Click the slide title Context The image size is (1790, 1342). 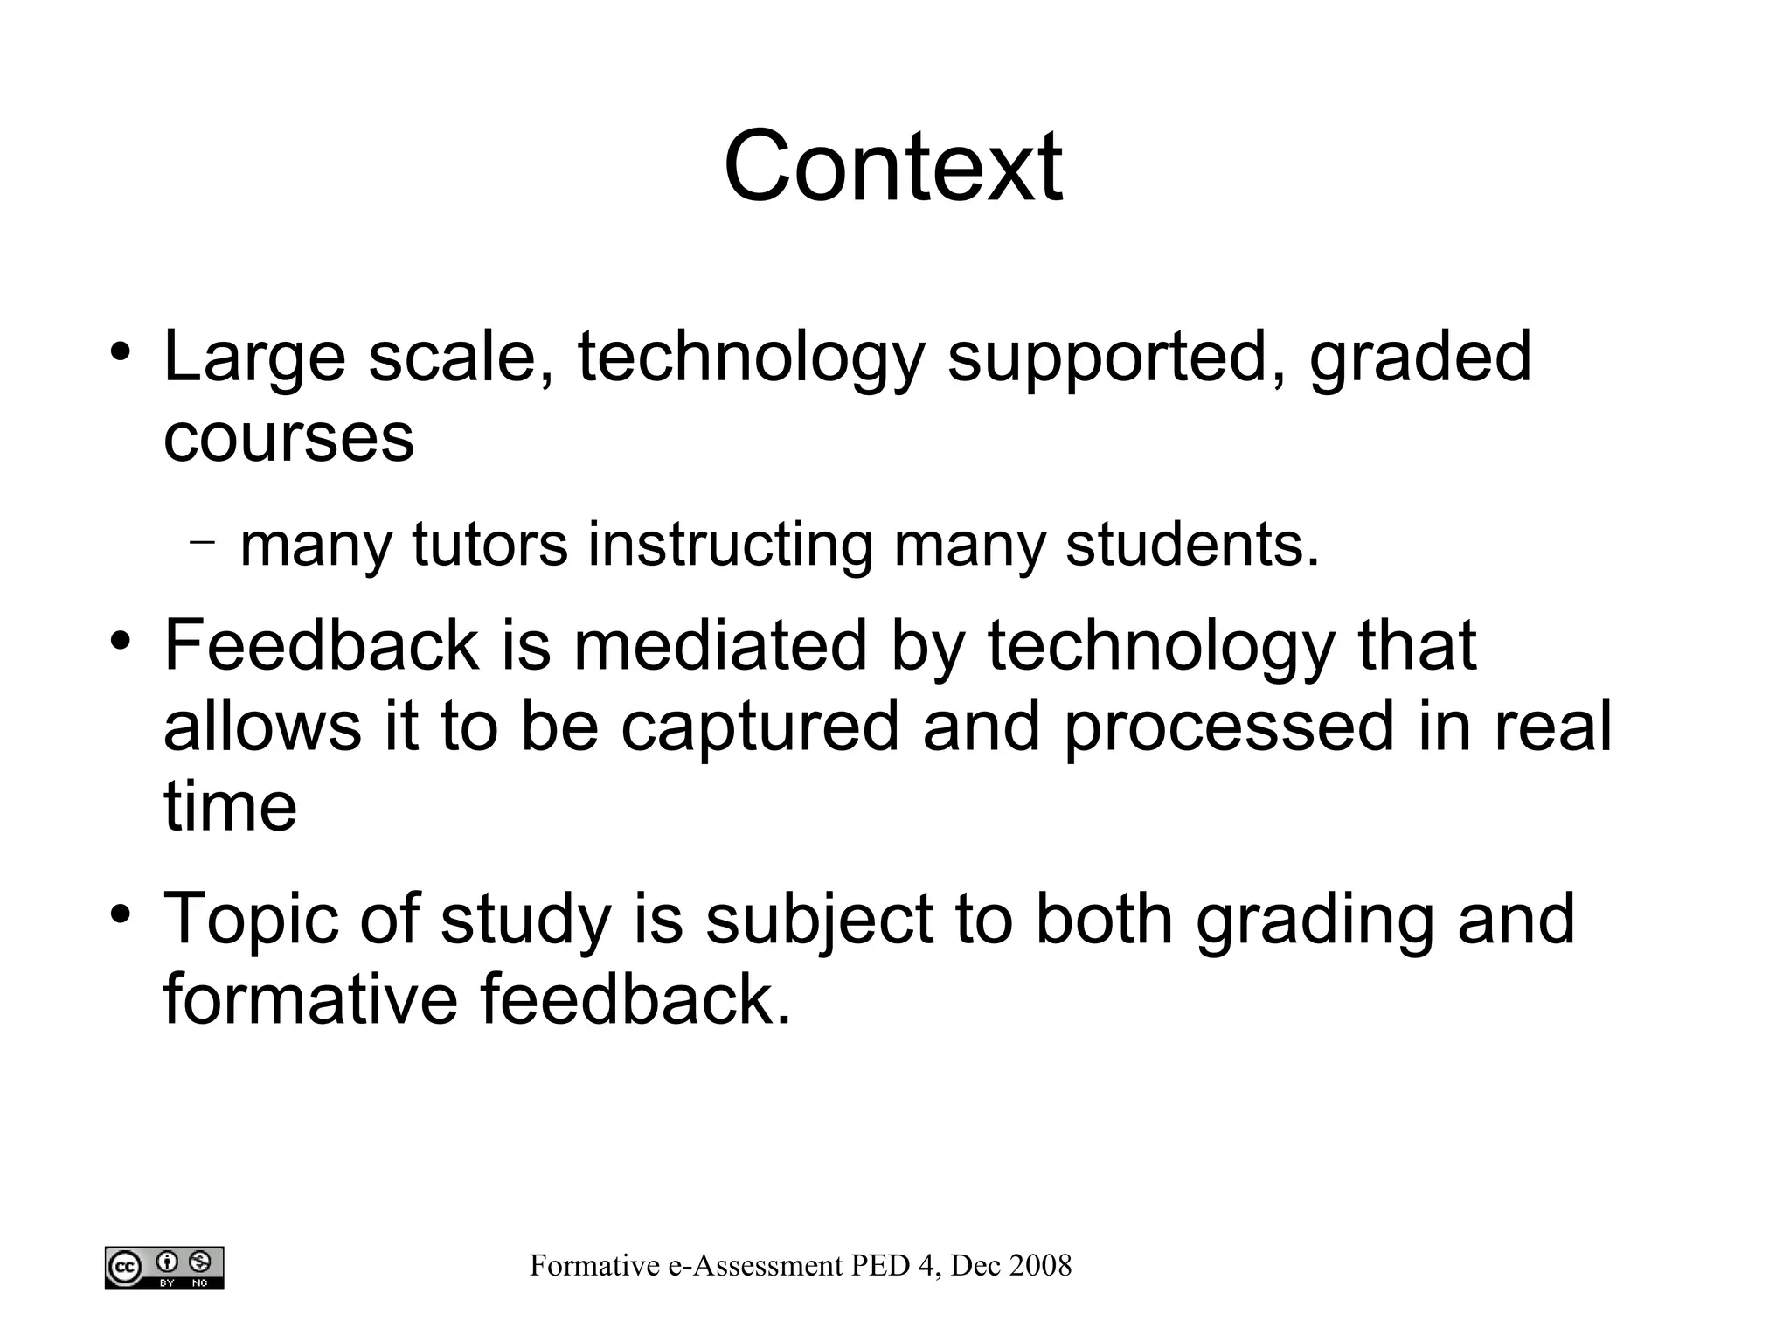(892, 166)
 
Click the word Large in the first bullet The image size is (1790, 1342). (254, 358)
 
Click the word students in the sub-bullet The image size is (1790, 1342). (1190, 544)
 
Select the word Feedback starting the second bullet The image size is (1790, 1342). (321, 644)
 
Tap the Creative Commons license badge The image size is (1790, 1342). (164, 1267)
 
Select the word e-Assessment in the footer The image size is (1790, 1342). (756, 1265)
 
